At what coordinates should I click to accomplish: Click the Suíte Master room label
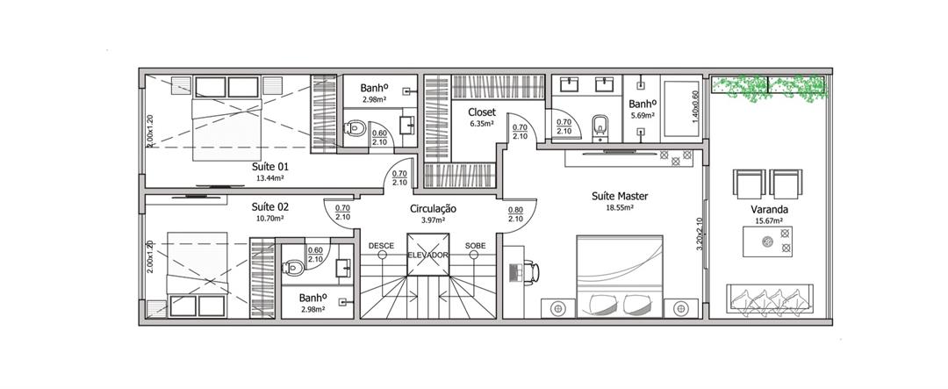(620, 197)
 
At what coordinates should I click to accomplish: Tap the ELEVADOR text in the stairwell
(427, 256)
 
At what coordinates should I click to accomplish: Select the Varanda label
(765, 210)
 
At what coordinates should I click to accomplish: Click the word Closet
(482, 112)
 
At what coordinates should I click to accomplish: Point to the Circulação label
(433, 209)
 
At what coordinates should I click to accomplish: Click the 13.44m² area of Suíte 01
(270, 178)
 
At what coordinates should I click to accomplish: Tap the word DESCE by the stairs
(381, 246)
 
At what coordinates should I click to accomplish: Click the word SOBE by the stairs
(475, 246)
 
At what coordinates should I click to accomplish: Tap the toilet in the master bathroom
(600, 126)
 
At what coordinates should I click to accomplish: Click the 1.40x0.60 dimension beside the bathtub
(695, 107)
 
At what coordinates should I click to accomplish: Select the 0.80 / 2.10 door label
(515, 214)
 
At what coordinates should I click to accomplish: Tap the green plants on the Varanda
(768, 88)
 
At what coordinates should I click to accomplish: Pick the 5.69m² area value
(642, 116)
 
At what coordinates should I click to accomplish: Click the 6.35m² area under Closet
(482, 124)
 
